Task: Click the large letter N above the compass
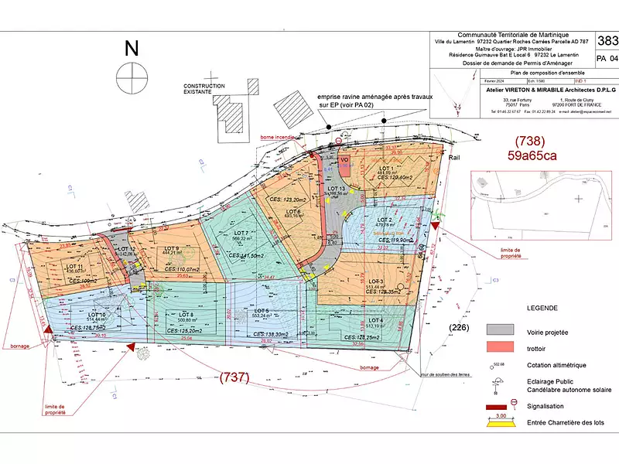pos(132,49)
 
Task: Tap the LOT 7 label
pos(241,233)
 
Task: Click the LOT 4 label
pos(376,319)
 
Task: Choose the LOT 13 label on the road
pos(337,189)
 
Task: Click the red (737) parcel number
pos(234,377)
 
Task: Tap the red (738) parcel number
pos(531,142)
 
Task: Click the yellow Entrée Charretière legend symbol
pos(501,422)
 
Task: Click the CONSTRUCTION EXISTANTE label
pos(203,89)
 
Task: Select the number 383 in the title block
pos(608,40)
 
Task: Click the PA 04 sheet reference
pos(608,58)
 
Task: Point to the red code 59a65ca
pos(534,155)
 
